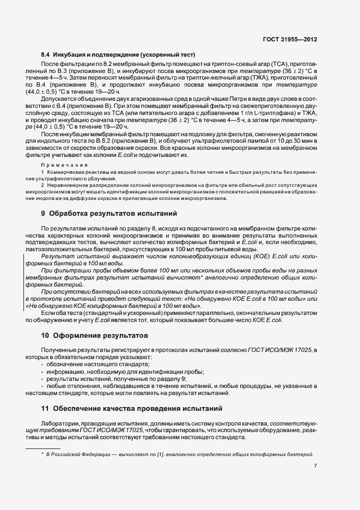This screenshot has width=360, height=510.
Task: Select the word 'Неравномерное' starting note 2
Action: coord(68,185)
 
